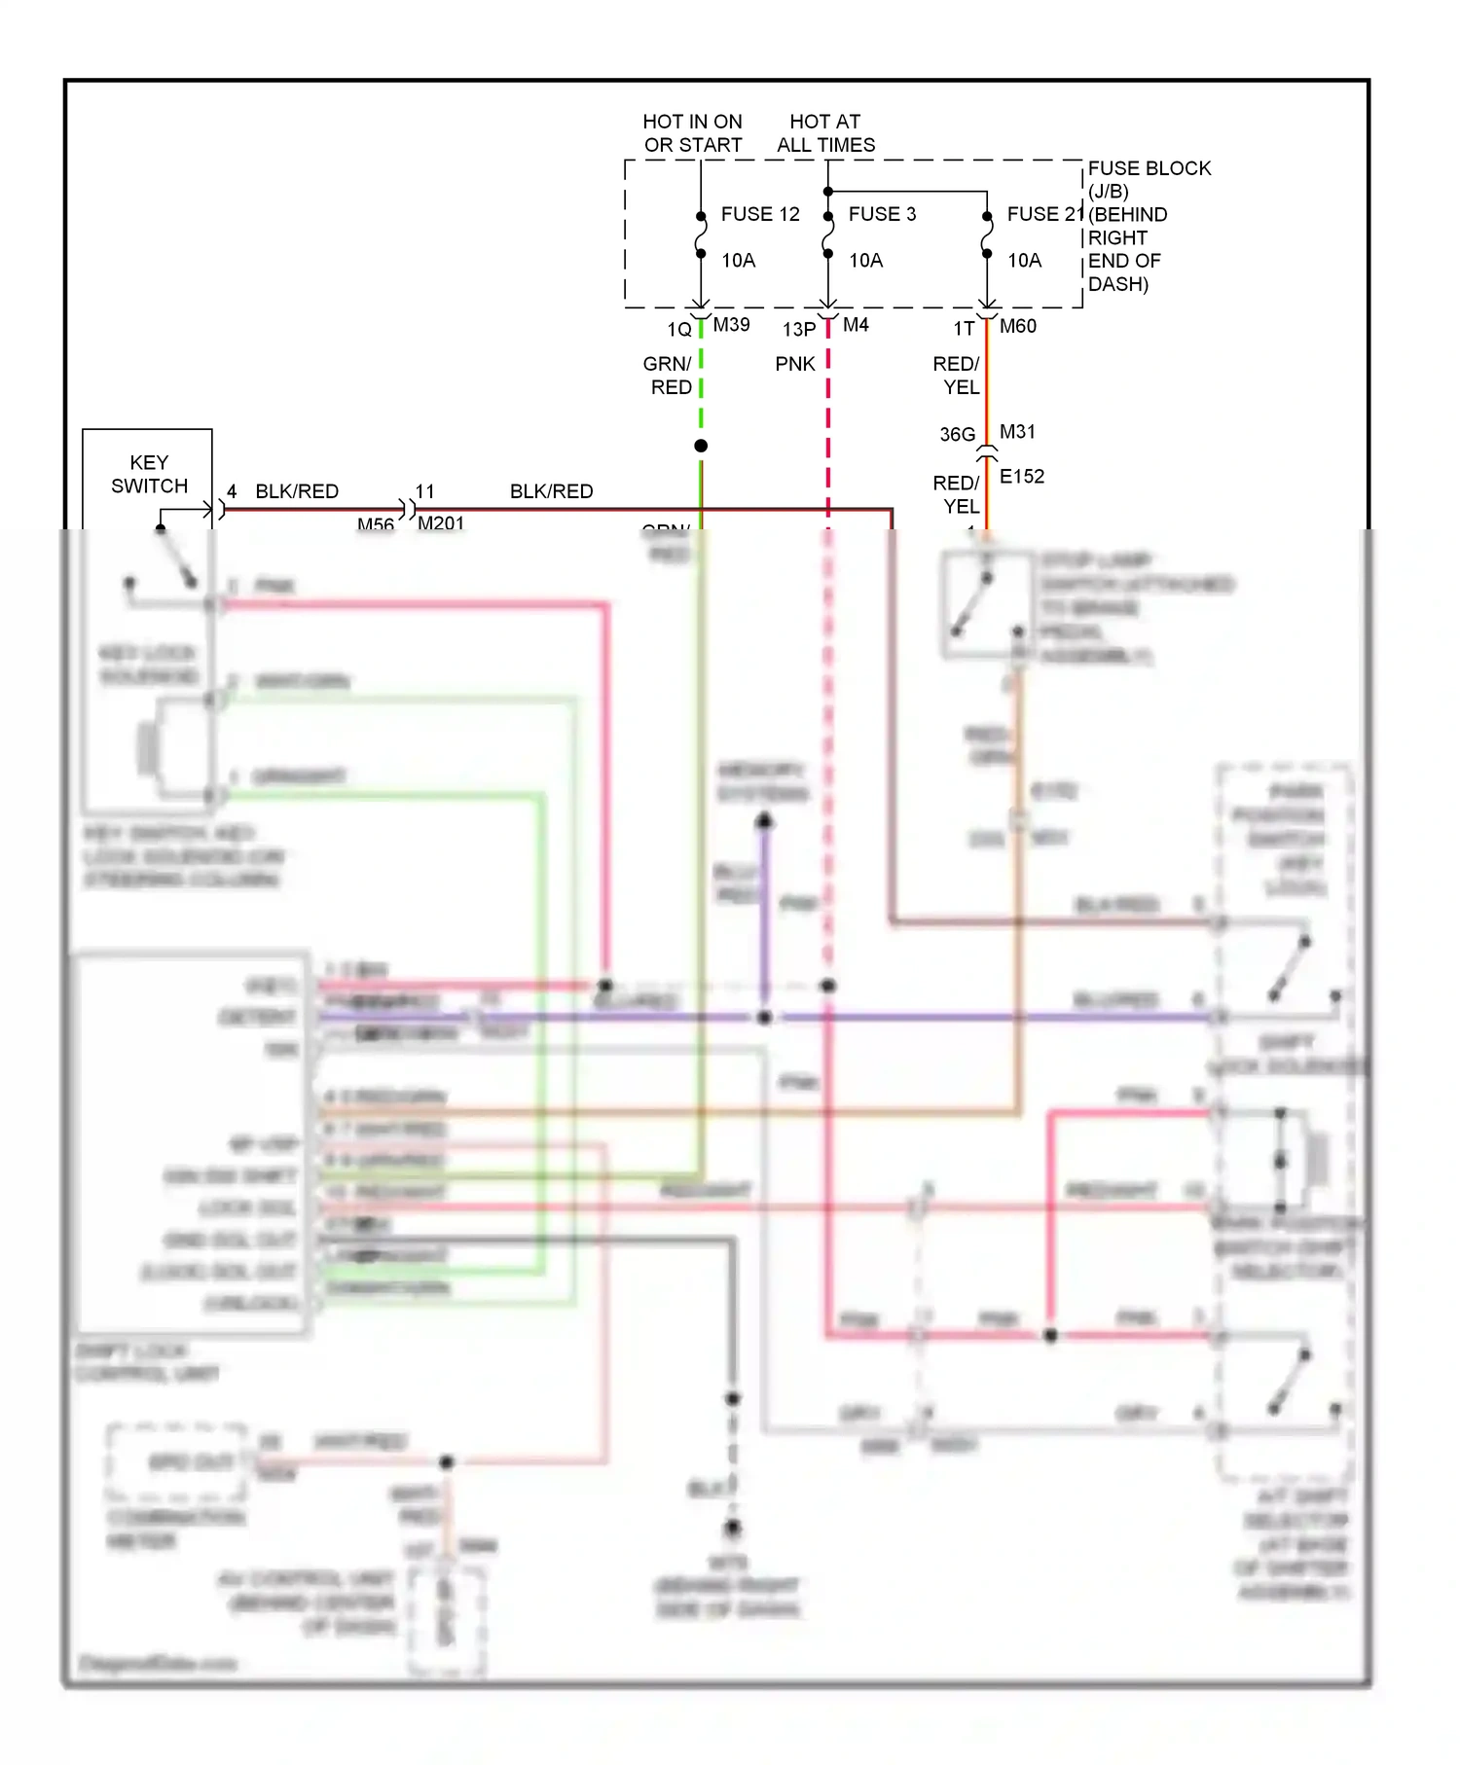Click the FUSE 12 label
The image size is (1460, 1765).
point(759,214)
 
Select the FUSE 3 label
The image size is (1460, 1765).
point(882,214)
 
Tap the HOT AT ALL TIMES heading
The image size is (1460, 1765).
point(825,133)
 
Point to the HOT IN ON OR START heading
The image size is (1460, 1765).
point(692,133)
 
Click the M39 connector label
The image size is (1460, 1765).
point(731,325)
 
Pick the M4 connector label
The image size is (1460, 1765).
point(856,325)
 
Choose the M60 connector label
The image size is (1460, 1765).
point(1017,327)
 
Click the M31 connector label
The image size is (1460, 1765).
point(1017,431)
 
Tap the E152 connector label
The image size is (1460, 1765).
point(1021,477)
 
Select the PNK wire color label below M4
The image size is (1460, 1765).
point(795,364)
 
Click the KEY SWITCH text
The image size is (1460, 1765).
point(149,474)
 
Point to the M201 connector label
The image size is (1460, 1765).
point(441,523)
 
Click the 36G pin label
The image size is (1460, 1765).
point(957,434)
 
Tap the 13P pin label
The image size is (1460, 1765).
point(799,330)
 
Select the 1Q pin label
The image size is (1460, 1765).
point(679,330)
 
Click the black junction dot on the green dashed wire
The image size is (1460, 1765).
point(701,446)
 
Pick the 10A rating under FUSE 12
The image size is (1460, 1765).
point(738,261)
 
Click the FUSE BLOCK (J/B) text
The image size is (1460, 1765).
point(1149,179)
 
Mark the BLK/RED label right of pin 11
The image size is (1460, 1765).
point(551,491)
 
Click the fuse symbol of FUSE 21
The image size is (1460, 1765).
point(987,235)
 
